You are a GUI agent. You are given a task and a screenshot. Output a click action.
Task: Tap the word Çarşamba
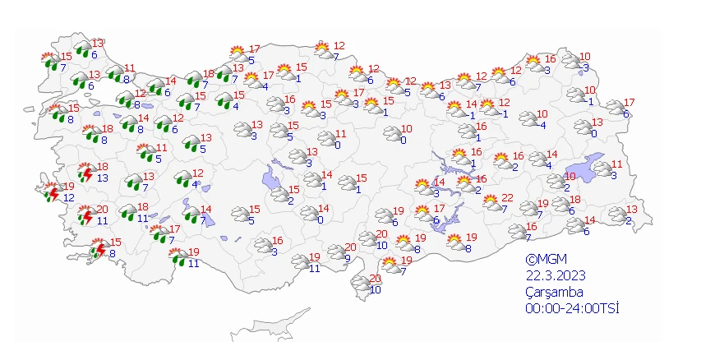pos(556,292)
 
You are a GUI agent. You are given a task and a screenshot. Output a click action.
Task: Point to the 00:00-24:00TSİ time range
pos(572,308)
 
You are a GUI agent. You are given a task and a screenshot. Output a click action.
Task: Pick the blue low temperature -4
pos(542,125)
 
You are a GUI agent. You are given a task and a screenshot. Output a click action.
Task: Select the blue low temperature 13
pos(102,178)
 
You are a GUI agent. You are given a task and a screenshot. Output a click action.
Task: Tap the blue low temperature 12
pos(68,198)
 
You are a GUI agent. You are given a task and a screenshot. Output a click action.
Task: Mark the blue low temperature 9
pos(348,259)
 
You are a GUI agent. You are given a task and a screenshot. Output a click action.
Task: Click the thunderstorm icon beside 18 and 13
pos(85,173)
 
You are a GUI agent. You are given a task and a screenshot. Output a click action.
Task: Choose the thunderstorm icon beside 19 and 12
pos(52,193)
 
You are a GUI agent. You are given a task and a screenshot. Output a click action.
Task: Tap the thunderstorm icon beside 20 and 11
pos(85,216)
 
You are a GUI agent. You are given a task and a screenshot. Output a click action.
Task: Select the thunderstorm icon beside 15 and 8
pos(99,248)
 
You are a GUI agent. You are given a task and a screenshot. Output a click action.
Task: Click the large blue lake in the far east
pos(597,168)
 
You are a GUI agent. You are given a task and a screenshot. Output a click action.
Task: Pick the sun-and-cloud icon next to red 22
pos(491,202)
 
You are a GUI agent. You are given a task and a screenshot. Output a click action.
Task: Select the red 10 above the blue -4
pos(542,114)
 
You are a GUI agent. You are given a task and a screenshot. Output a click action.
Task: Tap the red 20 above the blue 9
pos(350,247)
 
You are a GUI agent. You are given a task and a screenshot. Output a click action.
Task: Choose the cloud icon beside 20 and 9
pos(336,252)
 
